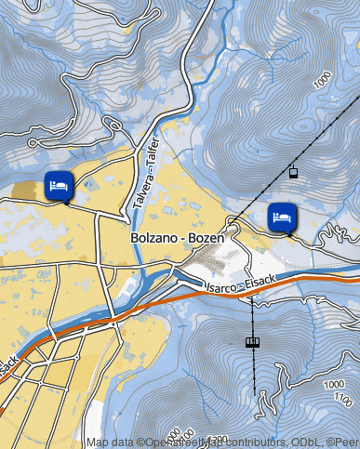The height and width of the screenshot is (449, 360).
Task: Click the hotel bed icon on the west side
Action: pos(58,185)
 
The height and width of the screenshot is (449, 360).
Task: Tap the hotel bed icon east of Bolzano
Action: pos(282,217)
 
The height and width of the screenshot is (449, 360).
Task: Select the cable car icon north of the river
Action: pos(294,171)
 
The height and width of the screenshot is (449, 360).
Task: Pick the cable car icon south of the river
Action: pos(252,342)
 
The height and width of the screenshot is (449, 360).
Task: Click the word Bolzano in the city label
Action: pos(153,239)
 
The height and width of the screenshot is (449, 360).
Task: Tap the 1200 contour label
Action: pos(216,438)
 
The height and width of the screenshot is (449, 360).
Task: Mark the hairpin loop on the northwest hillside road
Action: pos(33,143)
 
